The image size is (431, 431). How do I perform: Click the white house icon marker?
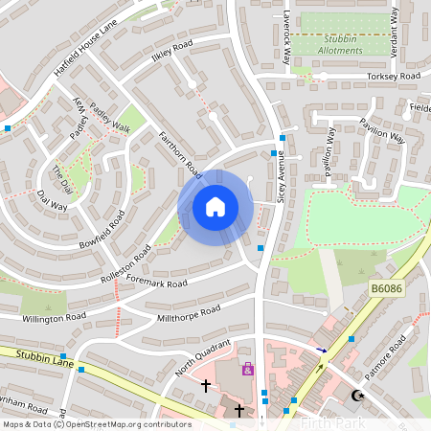[215, 206]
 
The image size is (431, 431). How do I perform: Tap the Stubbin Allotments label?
[342, 44]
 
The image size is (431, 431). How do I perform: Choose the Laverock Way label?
[287, 38]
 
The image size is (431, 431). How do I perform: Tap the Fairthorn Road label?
[179, 154]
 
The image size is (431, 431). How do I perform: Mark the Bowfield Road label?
[102, 228]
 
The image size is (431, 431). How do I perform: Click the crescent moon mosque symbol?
[359, 395]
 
